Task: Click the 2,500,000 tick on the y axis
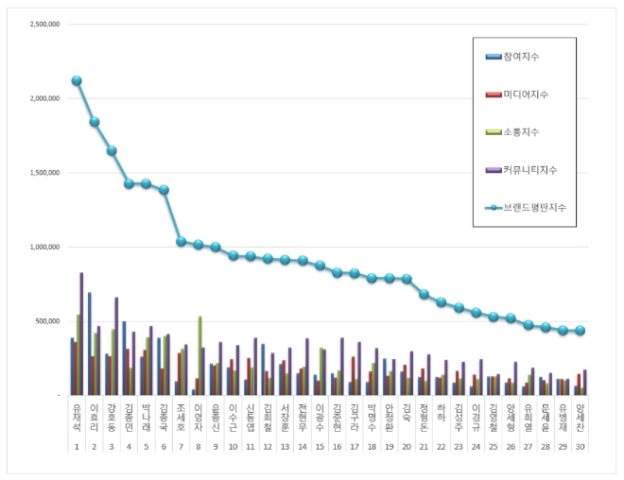[x=41, y=24]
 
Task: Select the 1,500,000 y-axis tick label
[x=41, y=173]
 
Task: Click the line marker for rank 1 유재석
[x=77, y=80]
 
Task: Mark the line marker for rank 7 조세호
[x=181, y=241]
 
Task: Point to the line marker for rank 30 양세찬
[x=581, y=331]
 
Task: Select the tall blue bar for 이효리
[x=90, y=344]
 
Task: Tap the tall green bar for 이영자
[x=199, y=355]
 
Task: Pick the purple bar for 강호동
[x=116, y=346]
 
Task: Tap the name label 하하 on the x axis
[x=441, y=412]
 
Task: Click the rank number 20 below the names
[x=407, y=445]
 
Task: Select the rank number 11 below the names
[x=250, y=445]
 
